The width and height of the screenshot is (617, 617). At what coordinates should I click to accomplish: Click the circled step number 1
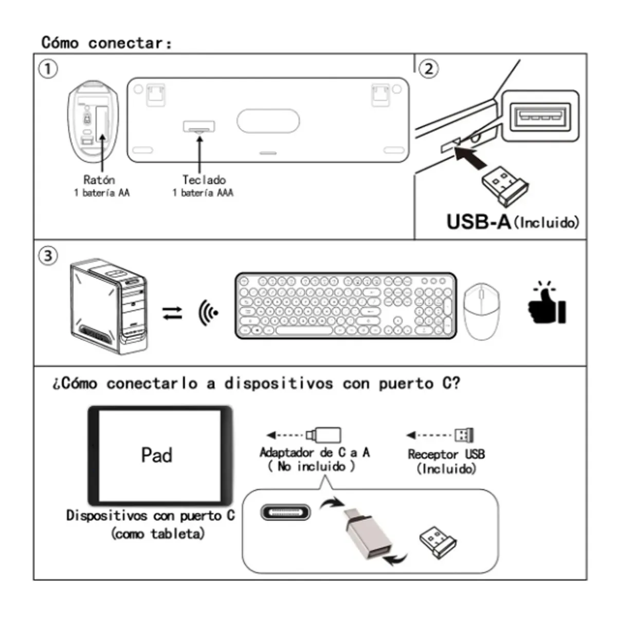[48, 68]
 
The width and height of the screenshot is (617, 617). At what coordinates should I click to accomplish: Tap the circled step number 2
[429, 68]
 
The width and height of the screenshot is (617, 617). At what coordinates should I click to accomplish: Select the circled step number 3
[48, 256]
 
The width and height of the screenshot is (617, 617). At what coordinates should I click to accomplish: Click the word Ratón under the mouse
[99, 179]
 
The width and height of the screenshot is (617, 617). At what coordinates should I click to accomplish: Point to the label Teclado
[204, 179]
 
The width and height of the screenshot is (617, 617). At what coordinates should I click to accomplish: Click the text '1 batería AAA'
[203, 193]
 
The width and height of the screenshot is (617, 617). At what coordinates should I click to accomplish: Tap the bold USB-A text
[478, 222]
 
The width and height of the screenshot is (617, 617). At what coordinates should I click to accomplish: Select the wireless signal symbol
[208, 312]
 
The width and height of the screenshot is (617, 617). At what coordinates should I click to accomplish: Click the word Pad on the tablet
[157, 455]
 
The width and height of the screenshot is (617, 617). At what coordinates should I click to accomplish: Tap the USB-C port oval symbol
[285, 513]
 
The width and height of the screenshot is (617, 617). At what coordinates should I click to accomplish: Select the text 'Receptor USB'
[446, 454]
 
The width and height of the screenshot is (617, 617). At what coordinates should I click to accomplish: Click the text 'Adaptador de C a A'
[314, 452]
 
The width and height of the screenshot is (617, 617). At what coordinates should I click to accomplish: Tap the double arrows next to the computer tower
[172, 313]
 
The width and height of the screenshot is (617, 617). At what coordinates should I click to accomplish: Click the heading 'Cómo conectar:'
[106, 43]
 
